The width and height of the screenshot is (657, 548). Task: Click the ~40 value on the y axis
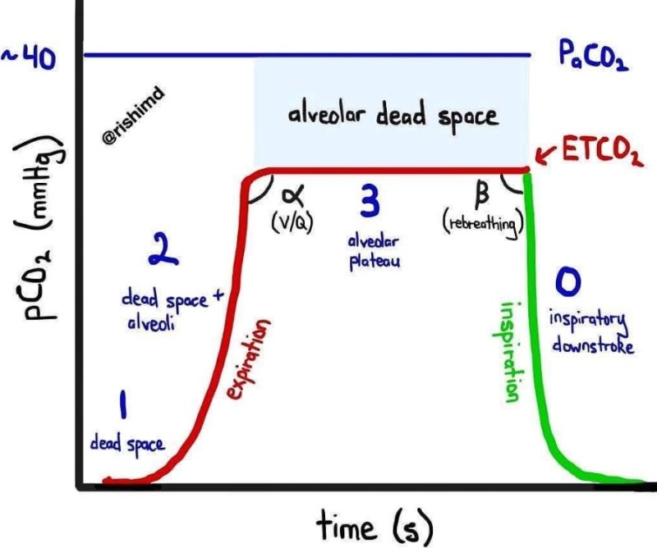tap(29, 58)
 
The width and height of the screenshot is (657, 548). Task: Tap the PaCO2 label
tap(593, 57)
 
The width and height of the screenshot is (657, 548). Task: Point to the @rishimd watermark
tap(133, 116)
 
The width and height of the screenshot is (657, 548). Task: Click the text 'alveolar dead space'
tap(393, 115)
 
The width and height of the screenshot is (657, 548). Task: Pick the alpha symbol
tap(293, 195)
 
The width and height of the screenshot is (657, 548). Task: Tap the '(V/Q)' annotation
tap(292, 222)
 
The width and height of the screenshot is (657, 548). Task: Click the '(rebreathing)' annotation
tap(483, 226)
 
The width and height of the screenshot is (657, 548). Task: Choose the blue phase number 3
tap(370, 201)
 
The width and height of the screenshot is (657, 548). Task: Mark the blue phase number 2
tap(163, 249)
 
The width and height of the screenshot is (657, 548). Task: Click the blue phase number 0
tap(568, 281)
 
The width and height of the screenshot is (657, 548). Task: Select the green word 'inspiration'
tap(508, 352)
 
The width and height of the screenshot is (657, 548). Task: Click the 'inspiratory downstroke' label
tap(590, 332)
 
